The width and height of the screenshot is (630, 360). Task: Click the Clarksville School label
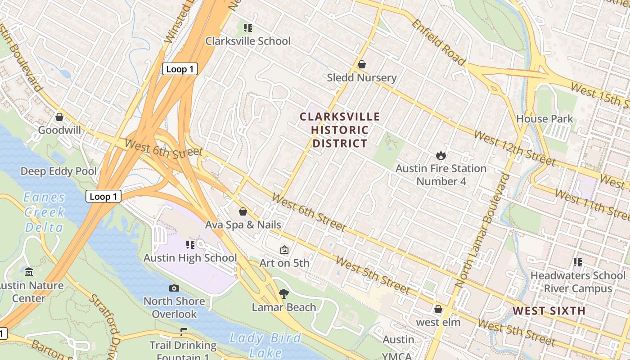click(248, 41)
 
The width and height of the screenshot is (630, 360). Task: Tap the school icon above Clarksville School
click(247, 28)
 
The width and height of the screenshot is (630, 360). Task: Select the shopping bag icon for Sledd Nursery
click(361, 64)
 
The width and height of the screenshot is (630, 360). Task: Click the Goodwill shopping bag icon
click(59, 117)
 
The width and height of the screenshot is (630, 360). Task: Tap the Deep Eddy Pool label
click(58, 171)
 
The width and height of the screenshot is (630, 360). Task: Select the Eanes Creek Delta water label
click(44, 212)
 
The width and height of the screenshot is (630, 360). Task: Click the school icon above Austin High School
click(190, 245)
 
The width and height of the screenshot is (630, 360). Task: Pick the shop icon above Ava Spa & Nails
click(243, 211)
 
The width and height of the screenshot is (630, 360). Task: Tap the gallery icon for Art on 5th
click(284, 250)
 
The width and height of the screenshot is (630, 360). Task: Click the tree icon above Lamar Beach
click(283, 294)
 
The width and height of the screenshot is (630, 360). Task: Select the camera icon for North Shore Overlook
click(174, 288)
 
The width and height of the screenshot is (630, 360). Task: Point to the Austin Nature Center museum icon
click(29, 272)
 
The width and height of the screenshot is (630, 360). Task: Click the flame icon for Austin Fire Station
click(441, 155)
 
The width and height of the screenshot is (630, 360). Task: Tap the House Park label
click(544, 119)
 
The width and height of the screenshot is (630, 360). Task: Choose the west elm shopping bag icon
click(438, 309)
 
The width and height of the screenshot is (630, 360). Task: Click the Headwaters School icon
click(578, 262)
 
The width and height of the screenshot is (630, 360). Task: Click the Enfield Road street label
click(437, 42)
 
